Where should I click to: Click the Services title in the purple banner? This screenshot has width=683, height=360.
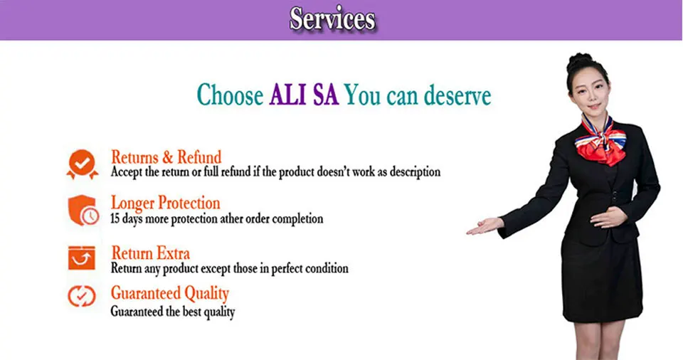pyautogui.click(x=332, y=20)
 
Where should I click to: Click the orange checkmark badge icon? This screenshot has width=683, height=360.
pyautogui.click(x=83, y=164)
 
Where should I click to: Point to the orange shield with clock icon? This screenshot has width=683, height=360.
pyautogui.click(x=83, y=210)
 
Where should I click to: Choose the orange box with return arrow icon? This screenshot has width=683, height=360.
pyautogui.click(x=81, y=258)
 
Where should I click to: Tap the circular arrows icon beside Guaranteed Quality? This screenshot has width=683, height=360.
pyautogui.click(x=81, y=296)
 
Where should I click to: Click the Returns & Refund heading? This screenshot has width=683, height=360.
pyautogui.click(x=166, y=157)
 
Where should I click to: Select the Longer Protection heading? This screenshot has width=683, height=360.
pyautogui.click(x=166, y=203)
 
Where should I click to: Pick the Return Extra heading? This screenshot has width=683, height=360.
pyautogui.click(x=151, y=253)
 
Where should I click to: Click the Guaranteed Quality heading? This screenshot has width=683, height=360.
pyautogui.click(x=170, y=293)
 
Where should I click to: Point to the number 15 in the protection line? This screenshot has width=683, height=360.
pyautogui.click(x=115, y=218)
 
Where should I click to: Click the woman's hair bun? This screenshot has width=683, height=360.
pyautogui.click(x=579, y=60)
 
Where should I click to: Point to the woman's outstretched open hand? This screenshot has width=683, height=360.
pyautogui.click(x=485, y=226)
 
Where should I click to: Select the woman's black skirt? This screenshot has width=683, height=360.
pyautogui.click(x=602, y=279)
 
